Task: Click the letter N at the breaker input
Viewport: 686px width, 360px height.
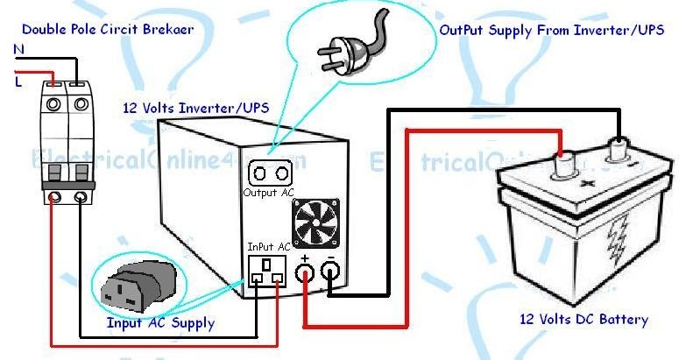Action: [x=19, y=51]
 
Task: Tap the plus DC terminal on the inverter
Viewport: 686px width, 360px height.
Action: [x=305, y=274]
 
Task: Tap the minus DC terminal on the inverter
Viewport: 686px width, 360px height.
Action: [x=331, y=274]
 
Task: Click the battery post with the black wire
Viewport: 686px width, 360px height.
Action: [x=623, y=150]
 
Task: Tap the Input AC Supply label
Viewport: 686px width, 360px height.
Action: [x=160, y=323]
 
